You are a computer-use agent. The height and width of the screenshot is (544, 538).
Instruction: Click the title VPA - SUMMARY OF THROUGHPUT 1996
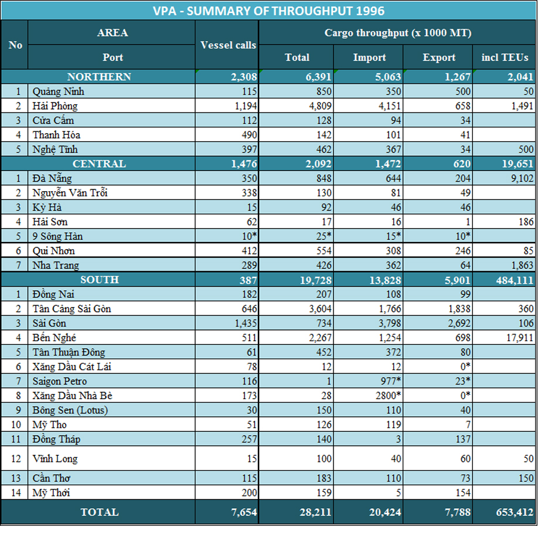(269, 11)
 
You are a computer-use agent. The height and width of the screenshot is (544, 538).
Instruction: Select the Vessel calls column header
(228, 45)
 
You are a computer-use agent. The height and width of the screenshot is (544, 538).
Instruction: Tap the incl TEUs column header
(505, 57)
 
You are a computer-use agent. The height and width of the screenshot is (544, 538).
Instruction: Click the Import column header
(369, 57)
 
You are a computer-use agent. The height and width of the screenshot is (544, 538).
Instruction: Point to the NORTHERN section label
(99, 77)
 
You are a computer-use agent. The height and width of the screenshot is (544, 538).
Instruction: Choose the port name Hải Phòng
(55, 106)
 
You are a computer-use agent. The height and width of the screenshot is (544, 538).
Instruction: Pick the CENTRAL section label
(99, 164)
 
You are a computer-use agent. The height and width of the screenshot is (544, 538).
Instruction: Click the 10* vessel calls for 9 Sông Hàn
(246, 236)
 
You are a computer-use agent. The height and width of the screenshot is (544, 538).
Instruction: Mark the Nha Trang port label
(56, 266)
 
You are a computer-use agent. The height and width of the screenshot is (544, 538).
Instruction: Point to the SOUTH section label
(100, 280)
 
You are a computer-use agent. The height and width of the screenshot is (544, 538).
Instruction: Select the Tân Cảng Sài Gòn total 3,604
(317, 309)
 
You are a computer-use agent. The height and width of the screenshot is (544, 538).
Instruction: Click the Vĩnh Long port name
(55, 458)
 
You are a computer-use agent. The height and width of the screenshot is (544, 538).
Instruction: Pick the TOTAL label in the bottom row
(100, 512)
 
